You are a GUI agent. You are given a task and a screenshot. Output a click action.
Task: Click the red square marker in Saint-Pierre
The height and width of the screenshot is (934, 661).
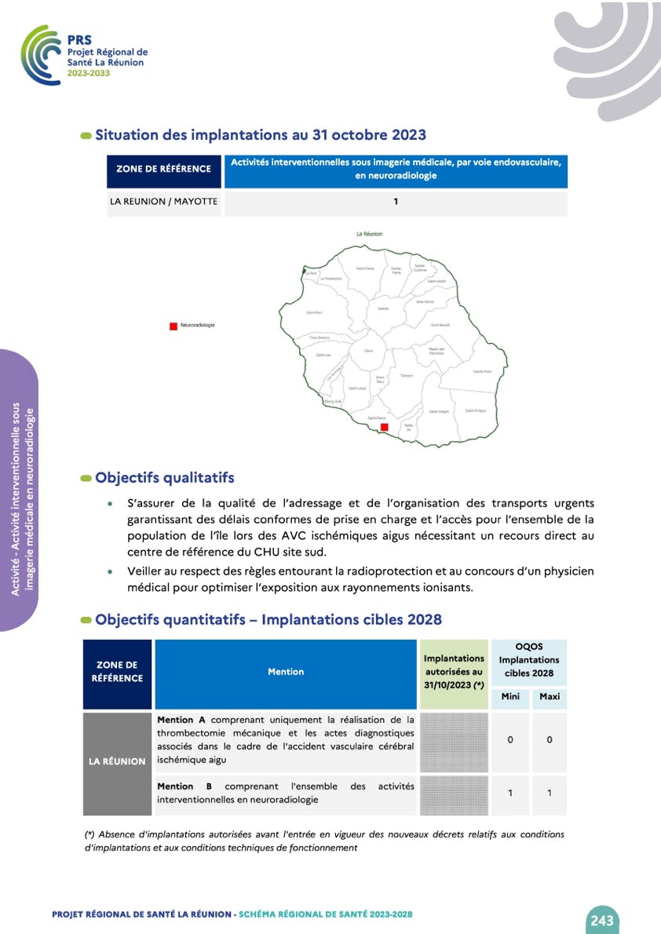point(385,427)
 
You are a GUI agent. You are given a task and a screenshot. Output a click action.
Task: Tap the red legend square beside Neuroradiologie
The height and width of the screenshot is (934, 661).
point(173,326)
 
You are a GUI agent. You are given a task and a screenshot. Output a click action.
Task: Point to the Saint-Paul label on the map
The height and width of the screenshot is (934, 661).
point(314,312)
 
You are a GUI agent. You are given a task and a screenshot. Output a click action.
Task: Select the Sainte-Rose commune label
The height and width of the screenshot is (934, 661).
point(482,371)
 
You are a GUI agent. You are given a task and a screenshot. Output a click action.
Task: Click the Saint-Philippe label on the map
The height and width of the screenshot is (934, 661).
point(476,410)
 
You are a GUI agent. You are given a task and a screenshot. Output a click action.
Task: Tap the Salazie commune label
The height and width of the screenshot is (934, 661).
point(383,308)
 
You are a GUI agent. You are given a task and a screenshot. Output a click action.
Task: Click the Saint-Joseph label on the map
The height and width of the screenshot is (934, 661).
point(438,411)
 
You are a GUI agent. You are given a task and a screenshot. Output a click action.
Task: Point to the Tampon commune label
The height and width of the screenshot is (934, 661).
point(407,376)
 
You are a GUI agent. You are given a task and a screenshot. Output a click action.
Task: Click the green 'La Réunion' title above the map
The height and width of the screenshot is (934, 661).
point(370,234)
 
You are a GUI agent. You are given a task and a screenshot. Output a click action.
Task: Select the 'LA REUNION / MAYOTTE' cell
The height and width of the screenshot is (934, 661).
point(163,202)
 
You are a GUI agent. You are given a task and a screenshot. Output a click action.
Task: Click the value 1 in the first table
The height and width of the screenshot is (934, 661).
point(396,202)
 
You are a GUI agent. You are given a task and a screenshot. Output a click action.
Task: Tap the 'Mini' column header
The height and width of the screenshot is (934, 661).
point(510,697)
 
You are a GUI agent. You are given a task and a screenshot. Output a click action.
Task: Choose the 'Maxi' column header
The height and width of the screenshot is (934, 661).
point(550,697)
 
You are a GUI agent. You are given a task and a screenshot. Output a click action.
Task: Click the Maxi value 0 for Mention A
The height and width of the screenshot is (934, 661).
point(550,740)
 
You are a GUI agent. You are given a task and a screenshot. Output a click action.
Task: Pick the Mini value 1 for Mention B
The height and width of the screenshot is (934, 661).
point(510,794)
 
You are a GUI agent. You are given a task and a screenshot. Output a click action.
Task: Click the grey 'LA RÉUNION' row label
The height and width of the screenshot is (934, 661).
point(118,761)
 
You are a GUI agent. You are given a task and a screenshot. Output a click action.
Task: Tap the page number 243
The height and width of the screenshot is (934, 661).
point(602,920)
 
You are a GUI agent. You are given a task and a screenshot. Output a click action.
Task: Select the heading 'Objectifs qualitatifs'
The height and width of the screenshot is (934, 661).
point(165,478)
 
